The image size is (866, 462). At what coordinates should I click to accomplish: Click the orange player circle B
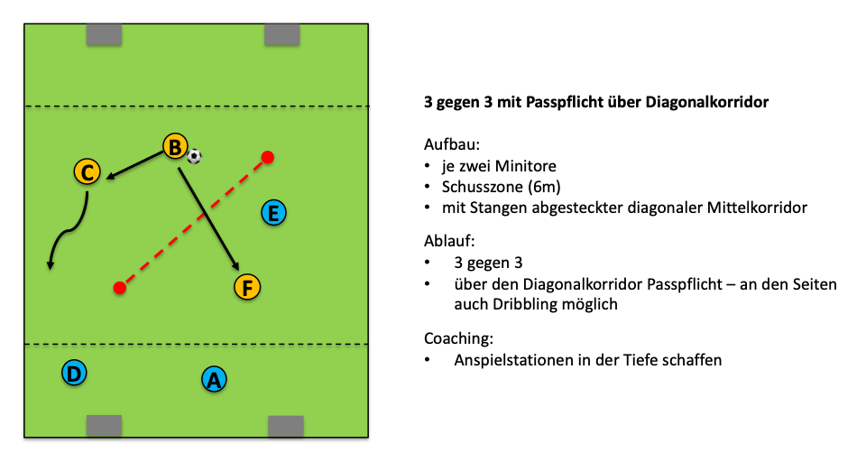pyautogui.click(x=175, y=146)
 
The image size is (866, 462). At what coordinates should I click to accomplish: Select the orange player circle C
pyautogui.click(x=87, y=171)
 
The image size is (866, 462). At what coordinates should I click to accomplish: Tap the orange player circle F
pyautogui.click(x=246, y=288)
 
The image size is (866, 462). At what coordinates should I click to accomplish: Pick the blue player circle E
pyautogui.click(x=272, y=213)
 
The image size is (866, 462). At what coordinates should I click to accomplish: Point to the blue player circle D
pyautogui.click(x=75, y=372)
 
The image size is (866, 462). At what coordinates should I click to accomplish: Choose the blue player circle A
pyautogui.click(x=213, y=380)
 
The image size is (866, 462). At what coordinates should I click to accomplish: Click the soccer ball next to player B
pyautogui.click(x=194, y=156)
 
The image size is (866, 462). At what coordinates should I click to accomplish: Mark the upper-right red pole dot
pyautogui.click(x=268, y=158)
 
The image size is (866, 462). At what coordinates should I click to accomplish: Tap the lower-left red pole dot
pyautogui.click(x=119, y=288)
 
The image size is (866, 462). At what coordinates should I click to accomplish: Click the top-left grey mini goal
pyautogui.click(x=104, y=34)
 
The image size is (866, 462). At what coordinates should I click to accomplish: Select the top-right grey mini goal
pyautogui.click(x=282, y=34)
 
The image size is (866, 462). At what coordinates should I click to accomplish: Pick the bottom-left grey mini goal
pyautogui.click(x=104, y=426)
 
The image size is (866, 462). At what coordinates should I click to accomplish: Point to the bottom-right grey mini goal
pyautogui.click(x=286, y=426)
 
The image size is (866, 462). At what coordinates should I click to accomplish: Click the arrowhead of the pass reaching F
pyautogui.click(x=236, y=267)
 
